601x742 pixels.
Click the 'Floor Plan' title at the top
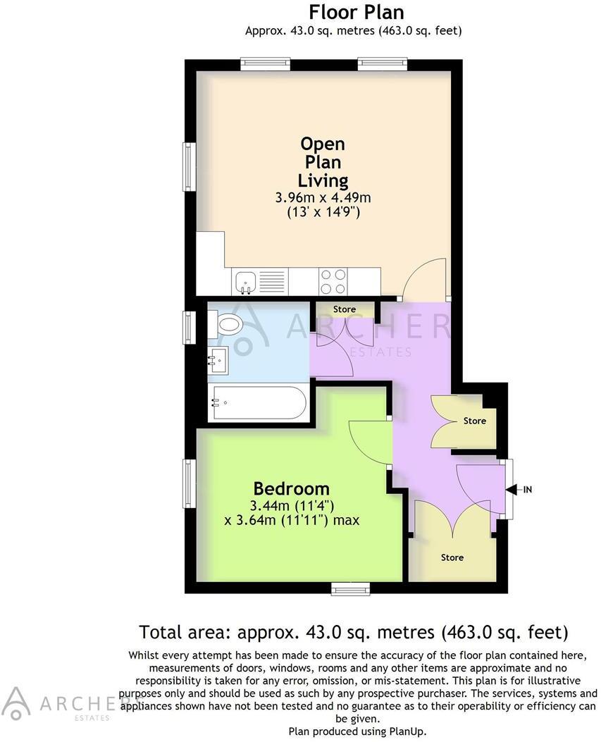pyautogui.click(x=357, y=12)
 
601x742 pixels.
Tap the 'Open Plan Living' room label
pyautogui.click(x=323, y=162)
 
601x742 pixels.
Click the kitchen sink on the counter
pyautogui.click(x=246, y=282)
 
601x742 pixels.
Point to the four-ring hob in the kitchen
pyautogui.click(x=333, y=282)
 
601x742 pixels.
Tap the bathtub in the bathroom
pyautogui.click(x=258, y=402)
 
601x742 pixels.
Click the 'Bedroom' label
pyautogui.click(x=291, y=488)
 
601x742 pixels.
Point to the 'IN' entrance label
pyautogui.click(x=527, y=489)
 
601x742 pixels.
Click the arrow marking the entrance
pyautogui.click(x=512, y=489)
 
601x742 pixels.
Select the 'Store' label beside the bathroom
pyautogui.click(x=345, y=309)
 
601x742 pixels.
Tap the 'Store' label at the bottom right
pyautogui.click(x=452, y=557)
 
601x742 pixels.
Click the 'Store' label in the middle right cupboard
pyautogui.click(x=474, y=421)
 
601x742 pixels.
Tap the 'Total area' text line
pyautogui.click(x=353, y=631)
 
